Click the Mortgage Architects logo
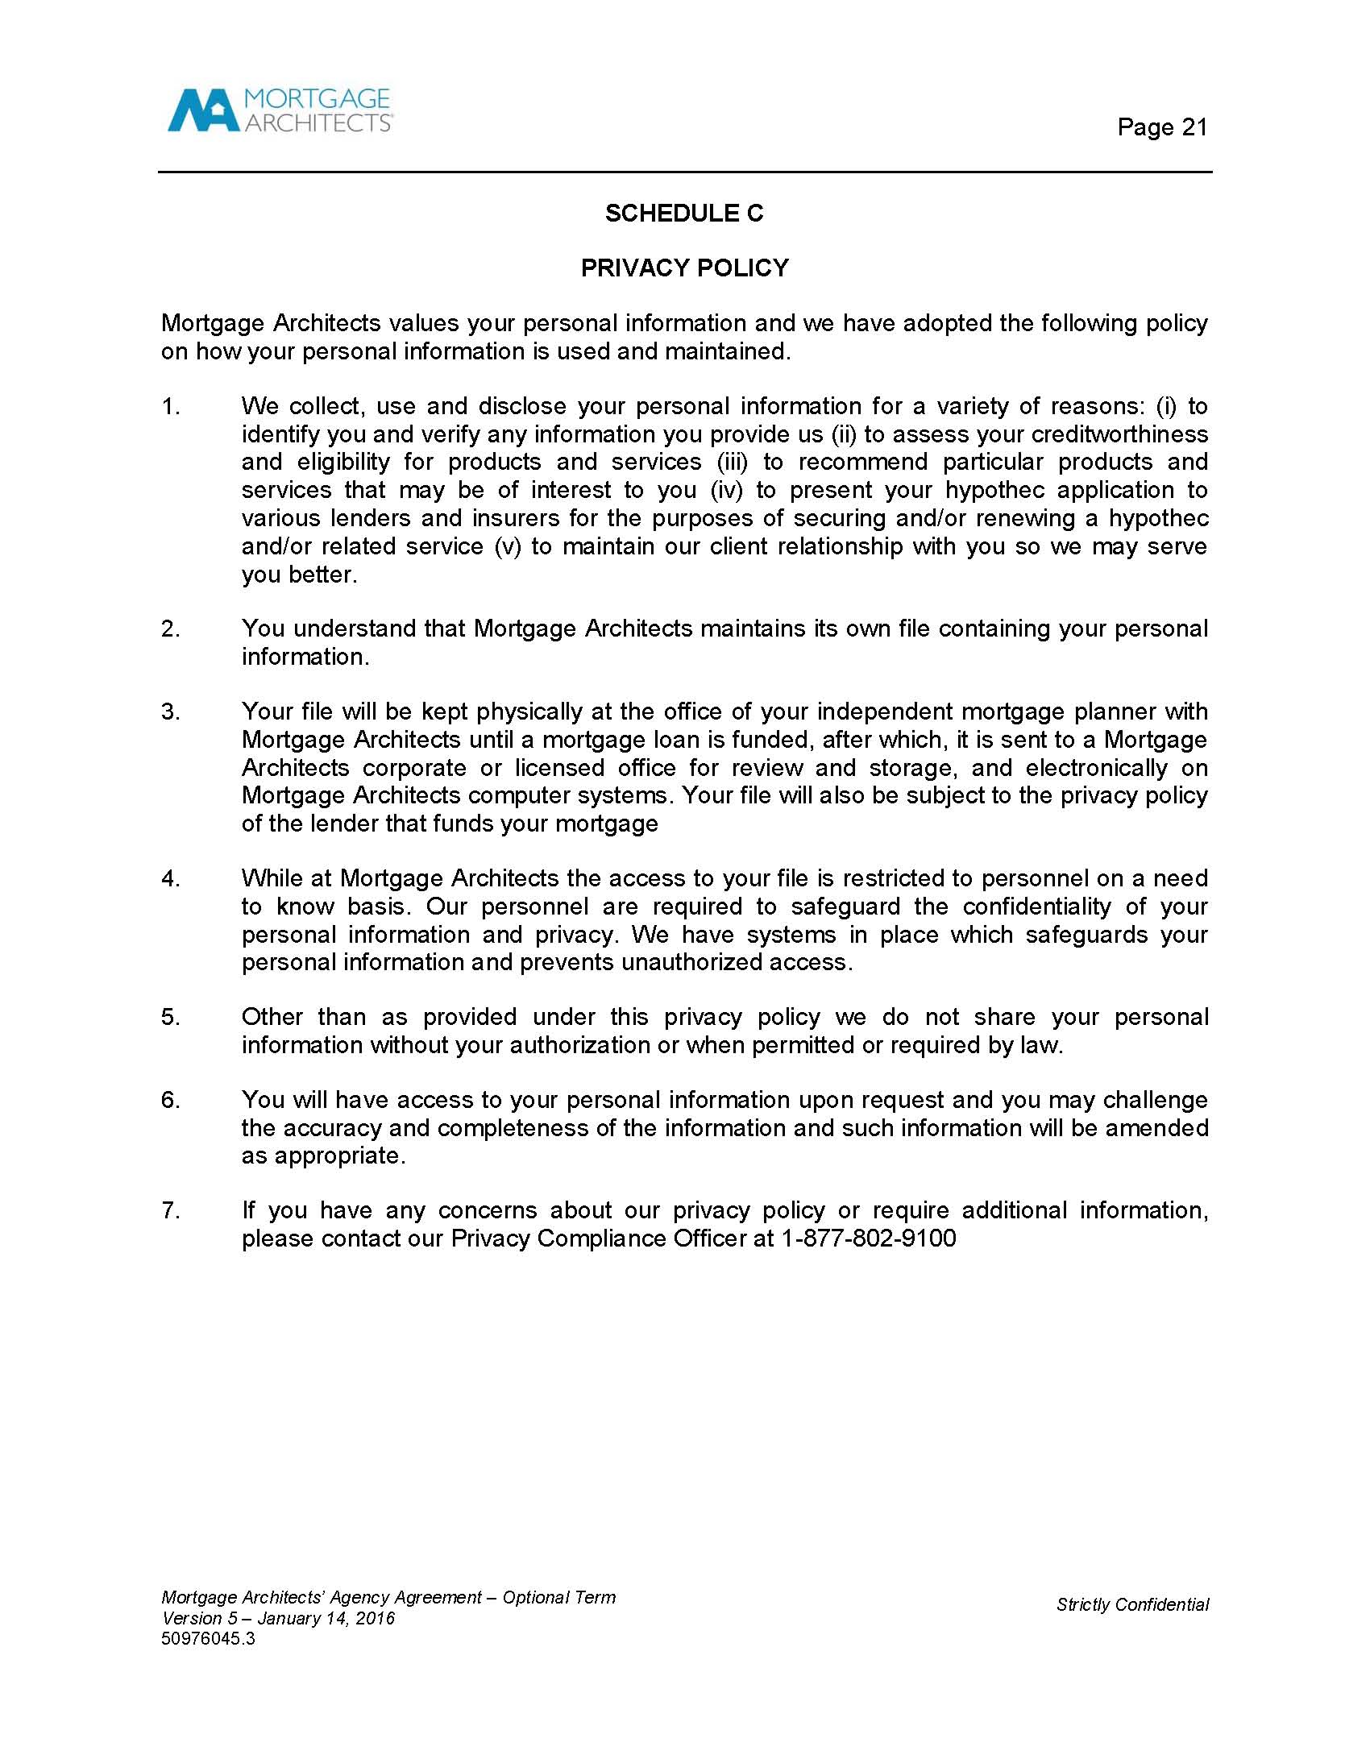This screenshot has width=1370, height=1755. [279, 110]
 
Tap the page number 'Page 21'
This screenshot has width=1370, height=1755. [1162, 127]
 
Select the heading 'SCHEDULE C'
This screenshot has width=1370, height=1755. [684, 214]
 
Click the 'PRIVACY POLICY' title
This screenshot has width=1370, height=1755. [684, 268]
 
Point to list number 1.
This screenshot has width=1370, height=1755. [171, 407]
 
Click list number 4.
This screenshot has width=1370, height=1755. [171, 878]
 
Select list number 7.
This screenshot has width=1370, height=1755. [171, 1210]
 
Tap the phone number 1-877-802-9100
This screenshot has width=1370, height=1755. [868, 1238]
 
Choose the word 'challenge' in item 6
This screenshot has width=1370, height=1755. [1156, 1100]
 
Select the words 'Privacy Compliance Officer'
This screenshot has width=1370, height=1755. [599, 1238]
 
